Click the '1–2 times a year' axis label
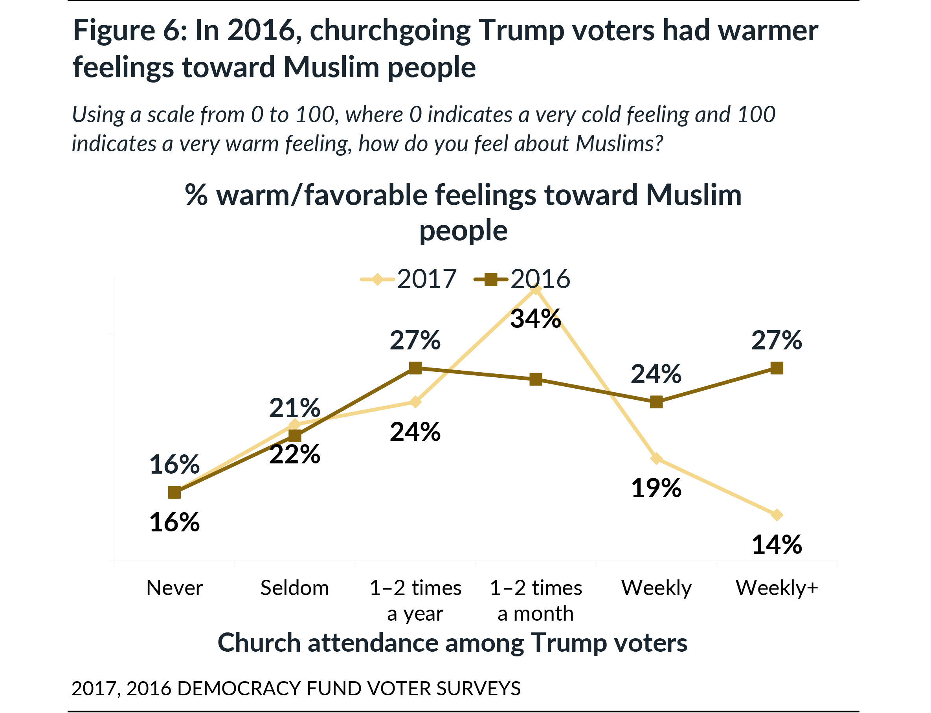tap(415, 601)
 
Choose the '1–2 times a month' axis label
tap(536, 601)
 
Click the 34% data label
tap(535, 319)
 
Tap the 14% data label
tap(777, 545)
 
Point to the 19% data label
tap(656, 488)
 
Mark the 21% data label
tap(294, 408)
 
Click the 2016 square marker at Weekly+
tap(777, 368)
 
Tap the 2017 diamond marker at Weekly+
tap(777, 515)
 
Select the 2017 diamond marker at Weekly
tap(656, 458)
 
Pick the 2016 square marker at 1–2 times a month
tap(536, 379)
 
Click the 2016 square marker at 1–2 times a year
tap(415, 368)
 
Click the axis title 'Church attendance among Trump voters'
tap(452, 643)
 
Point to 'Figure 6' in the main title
tap(129, 31)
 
